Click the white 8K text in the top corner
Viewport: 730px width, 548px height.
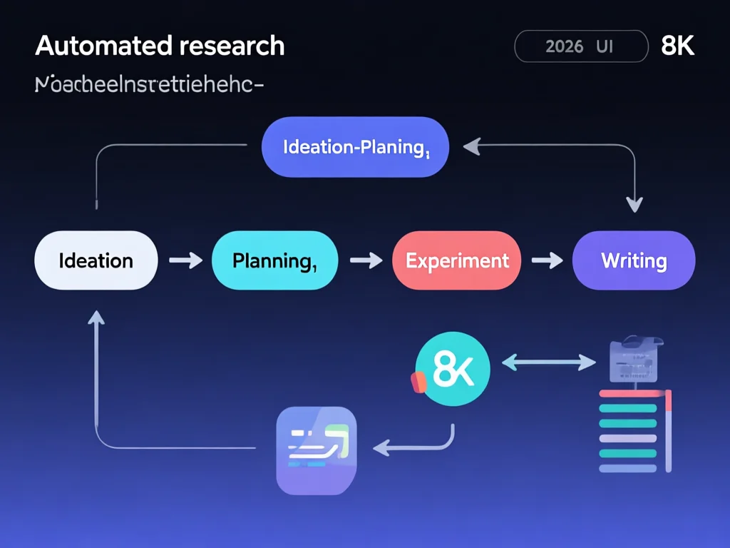pos(677,46)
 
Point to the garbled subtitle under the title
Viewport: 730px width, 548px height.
pos(149,85)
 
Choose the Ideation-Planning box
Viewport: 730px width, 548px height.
pos(355,147)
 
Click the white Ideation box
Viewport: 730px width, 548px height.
pos(96,260)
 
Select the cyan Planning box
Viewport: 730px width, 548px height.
pos(274,260)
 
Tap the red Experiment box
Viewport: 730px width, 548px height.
pos(457,260)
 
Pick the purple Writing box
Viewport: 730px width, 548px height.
pos(633,260)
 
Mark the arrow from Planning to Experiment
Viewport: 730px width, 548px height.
pos(366,260)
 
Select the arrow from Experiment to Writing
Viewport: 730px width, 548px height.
pos(547,260)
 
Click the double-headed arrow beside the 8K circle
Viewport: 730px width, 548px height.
pos(549,363)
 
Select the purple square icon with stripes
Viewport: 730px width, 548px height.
pos(316,450)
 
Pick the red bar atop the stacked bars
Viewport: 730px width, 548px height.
pos(632,393)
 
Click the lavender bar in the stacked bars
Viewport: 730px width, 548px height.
pos(627,438)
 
